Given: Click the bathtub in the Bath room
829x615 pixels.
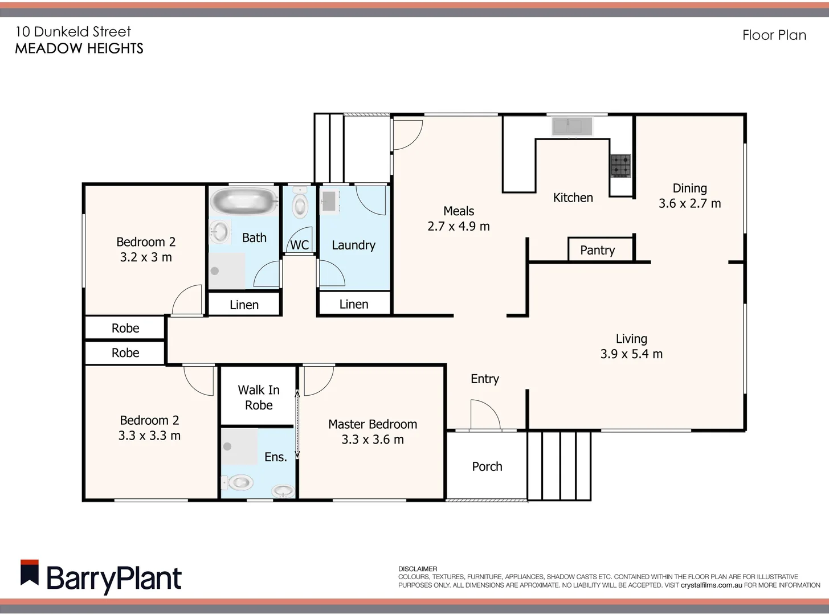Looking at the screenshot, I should (243, 202).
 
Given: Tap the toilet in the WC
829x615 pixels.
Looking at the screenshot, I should (300, 205).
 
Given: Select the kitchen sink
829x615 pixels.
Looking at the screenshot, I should (571, 126).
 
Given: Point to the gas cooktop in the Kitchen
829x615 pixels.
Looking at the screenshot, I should (620, 166).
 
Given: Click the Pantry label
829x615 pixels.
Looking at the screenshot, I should (597, 251).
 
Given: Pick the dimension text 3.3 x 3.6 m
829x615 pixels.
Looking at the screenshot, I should (373, 440).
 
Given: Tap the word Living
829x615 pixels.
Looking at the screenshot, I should (631, 339).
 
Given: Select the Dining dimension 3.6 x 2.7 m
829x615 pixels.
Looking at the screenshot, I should (689, 204).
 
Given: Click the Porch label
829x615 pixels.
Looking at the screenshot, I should (487, 466).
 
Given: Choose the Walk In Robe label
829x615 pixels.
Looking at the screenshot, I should (259, 397).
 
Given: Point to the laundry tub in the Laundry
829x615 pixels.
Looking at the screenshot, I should (329, 201).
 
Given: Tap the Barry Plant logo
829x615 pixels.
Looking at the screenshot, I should (101, 577).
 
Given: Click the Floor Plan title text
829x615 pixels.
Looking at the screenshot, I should (774, 35).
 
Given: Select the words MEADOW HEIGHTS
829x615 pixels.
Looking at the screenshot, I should (79, 49).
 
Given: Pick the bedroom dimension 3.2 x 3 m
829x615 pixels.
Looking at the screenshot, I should (146, 257).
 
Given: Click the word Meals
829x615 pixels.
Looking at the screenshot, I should (459, 211).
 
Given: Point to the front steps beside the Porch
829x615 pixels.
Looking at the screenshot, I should (559, 465).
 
